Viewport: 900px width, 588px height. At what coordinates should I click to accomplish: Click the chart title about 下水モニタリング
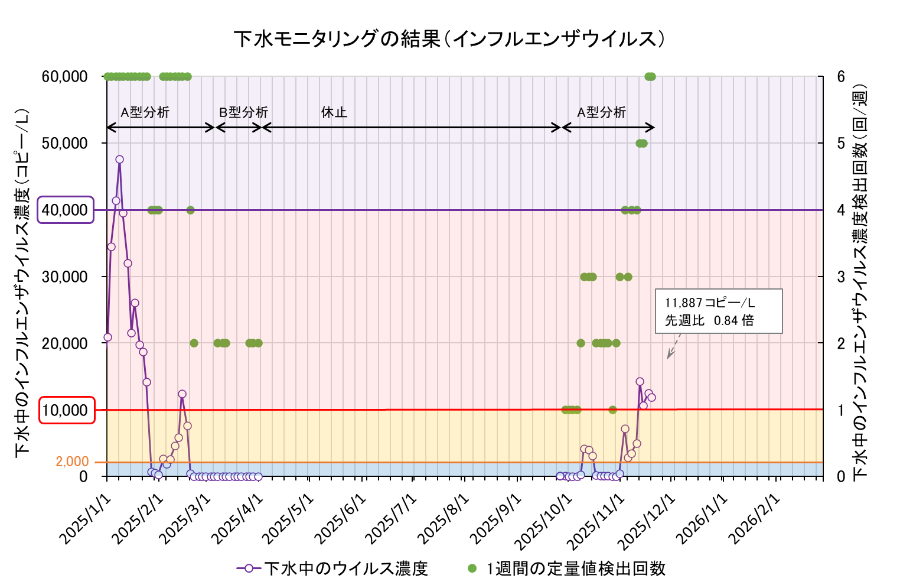[x=449, y=39]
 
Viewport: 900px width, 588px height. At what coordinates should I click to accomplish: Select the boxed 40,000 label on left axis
[x=66, y=210]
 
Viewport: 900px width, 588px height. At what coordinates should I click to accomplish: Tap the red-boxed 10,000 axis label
[x=67, y=410]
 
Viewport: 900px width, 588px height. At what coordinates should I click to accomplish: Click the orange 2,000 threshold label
[x=72, y=462]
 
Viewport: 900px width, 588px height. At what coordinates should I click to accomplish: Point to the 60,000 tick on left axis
[x=65, y=77]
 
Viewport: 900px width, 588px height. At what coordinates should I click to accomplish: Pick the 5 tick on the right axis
[x=840, y=144]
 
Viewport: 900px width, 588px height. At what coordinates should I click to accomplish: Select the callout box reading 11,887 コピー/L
[x=719, y=311]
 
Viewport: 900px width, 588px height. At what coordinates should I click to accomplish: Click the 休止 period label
[x=334, y=112]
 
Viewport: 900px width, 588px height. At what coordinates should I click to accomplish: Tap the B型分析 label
[x=243, y=112]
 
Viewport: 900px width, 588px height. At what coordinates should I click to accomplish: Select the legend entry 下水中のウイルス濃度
[x=332, y=568]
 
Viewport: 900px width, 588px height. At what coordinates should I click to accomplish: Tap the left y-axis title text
[x=22, y=282]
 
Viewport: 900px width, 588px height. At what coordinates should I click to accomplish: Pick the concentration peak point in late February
[x=182, y=394]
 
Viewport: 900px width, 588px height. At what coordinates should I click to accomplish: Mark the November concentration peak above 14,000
[x=640, y=382]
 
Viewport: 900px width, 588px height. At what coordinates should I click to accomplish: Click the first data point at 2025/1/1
[x=107, y=337]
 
